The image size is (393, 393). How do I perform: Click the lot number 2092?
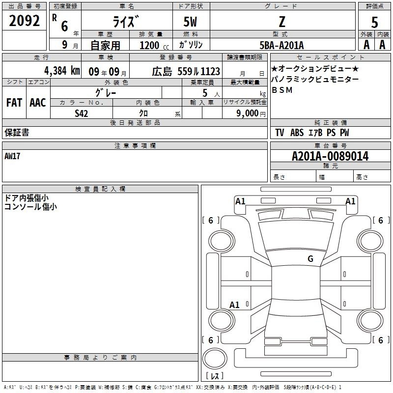coord(24,21)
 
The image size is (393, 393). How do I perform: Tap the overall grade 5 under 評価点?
coord(374,22)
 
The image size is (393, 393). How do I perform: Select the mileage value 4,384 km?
coord(62,71)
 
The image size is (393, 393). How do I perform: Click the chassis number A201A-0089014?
coord(330,156)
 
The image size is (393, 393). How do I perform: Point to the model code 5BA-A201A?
coord(281,45)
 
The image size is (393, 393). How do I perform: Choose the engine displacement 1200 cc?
coord(154,45)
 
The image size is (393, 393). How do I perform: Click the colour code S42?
coord(82,113)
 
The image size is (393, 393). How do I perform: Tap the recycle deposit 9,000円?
coord(251,113)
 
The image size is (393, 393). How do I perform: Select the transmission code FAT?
coord(14,103)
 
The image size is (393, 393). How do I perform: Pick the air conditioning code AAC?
coord(38,103)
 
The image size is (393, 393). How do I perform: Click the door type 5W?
coord(190,22)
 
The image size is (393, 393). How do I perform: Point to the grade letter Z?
coord(282,22)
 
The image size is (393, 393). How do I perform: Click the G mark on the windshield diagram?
coord(310,259)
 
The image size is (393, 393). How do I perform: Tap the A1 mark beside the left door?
coord(234,305)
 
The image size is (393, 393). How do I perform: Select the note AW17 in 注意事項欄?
coord(12,156)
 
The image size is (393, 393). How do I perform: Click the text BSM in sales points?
coord(282,90)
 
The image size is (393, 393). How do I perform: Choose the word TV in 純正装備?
coord(280,133)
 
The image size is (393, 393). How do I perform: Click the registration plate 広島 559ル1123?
coord(186,71)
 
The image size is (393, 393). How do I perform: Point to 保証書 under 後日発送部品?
coord(17,132)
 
